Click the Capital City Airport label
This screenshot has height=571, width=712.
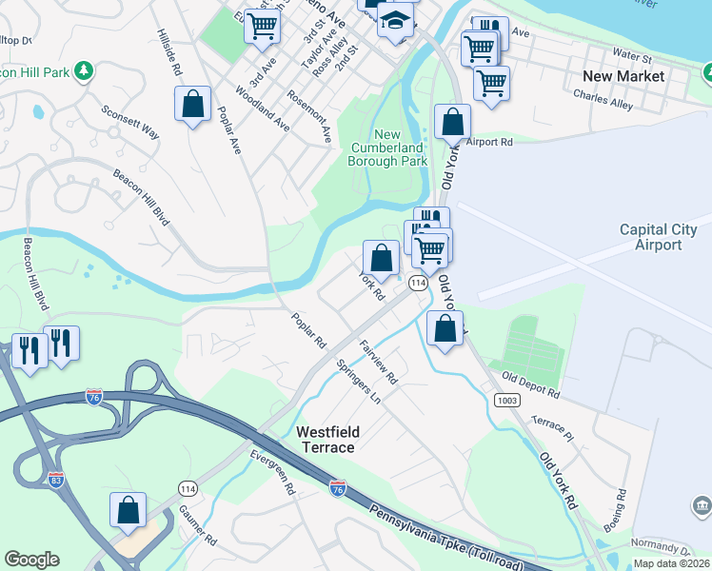658,237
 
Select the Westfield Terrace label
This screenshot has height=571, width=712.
326,439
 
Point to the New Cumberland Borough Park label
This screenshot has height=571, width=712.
387,148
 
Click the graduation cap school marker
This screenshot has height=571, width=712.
395,20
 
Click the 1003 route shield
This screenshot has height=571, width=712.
506,401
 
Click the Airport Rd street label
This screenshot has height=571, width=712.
489,142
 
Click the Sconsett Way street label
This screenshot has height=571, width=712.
129,120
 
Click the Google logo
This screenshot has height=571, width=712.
31,560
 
